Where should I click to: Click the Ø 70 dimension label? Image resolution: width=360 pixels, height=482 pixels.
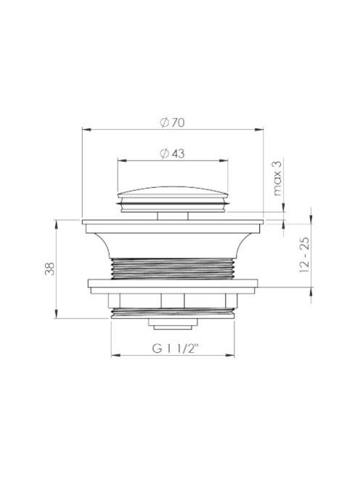172,123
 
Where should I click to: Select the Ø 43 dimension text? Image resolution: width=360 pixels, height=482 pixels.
172,153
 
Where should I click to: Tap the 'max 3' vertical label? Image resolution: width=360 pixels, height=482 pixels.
277,179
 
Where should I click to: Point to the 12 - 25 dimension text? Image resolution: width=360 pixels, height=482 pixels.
304,255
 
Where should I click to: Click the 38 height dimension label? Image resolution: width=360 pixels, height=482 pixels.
50,269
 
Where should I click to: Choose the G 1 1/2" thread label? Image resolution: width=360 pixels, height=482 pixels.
176,348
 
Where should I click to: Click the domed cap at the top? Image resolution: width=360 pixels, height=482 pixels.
173,191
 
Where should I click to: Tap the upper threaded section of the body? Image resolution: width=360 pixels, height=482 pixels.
173,269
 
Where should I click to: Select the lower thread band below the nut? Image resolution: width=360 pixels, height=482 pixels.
173,313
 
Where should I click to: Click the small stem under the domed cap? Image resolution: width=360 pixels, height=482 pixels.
173,216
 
